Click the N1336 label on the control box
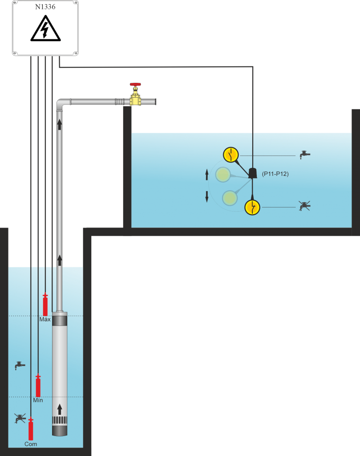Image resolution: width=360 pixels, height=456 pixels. point(45,6)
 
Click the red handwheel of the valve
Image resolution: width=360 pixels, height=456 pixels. point(135,84)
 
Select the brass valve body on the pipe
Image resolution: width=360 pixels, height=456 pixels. point(135,101)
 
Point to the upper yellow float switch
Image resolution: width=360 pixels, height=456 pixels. point(231,155)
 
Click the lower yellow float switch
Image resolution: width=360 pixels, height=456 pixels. point(252,207)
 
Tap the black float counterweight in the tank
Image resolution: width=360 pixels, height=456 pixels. point(253,173)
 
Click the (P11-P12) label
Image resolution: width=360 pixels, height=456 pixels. point(275,174)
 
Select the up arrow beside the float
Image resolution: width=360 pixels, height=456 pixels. point(207,174)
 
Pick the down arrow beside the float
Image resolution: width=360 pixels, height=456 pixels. point(207,196)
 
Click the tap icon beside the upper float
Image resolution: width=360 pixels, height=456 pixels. point(304,155)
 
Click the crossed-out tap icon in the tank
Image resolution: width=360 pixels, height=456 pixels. point(304,206)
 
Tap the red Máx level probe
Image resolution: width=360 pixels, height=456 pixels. point(45,305)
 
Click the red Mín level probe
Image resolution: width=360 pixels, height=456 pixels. point(38,385)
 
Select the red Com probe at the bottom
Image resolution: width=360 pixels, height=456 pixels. point(31,429)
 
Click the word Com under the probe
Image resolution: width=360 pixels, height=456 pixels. point(31,444)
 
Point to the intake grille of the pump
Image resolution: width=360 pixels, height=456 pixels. point(60,420)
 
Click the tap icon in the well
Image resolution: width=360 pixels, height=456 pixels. point(19,365)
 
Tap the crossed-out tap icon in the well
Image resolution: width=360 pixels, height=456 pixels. point(20,418)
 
